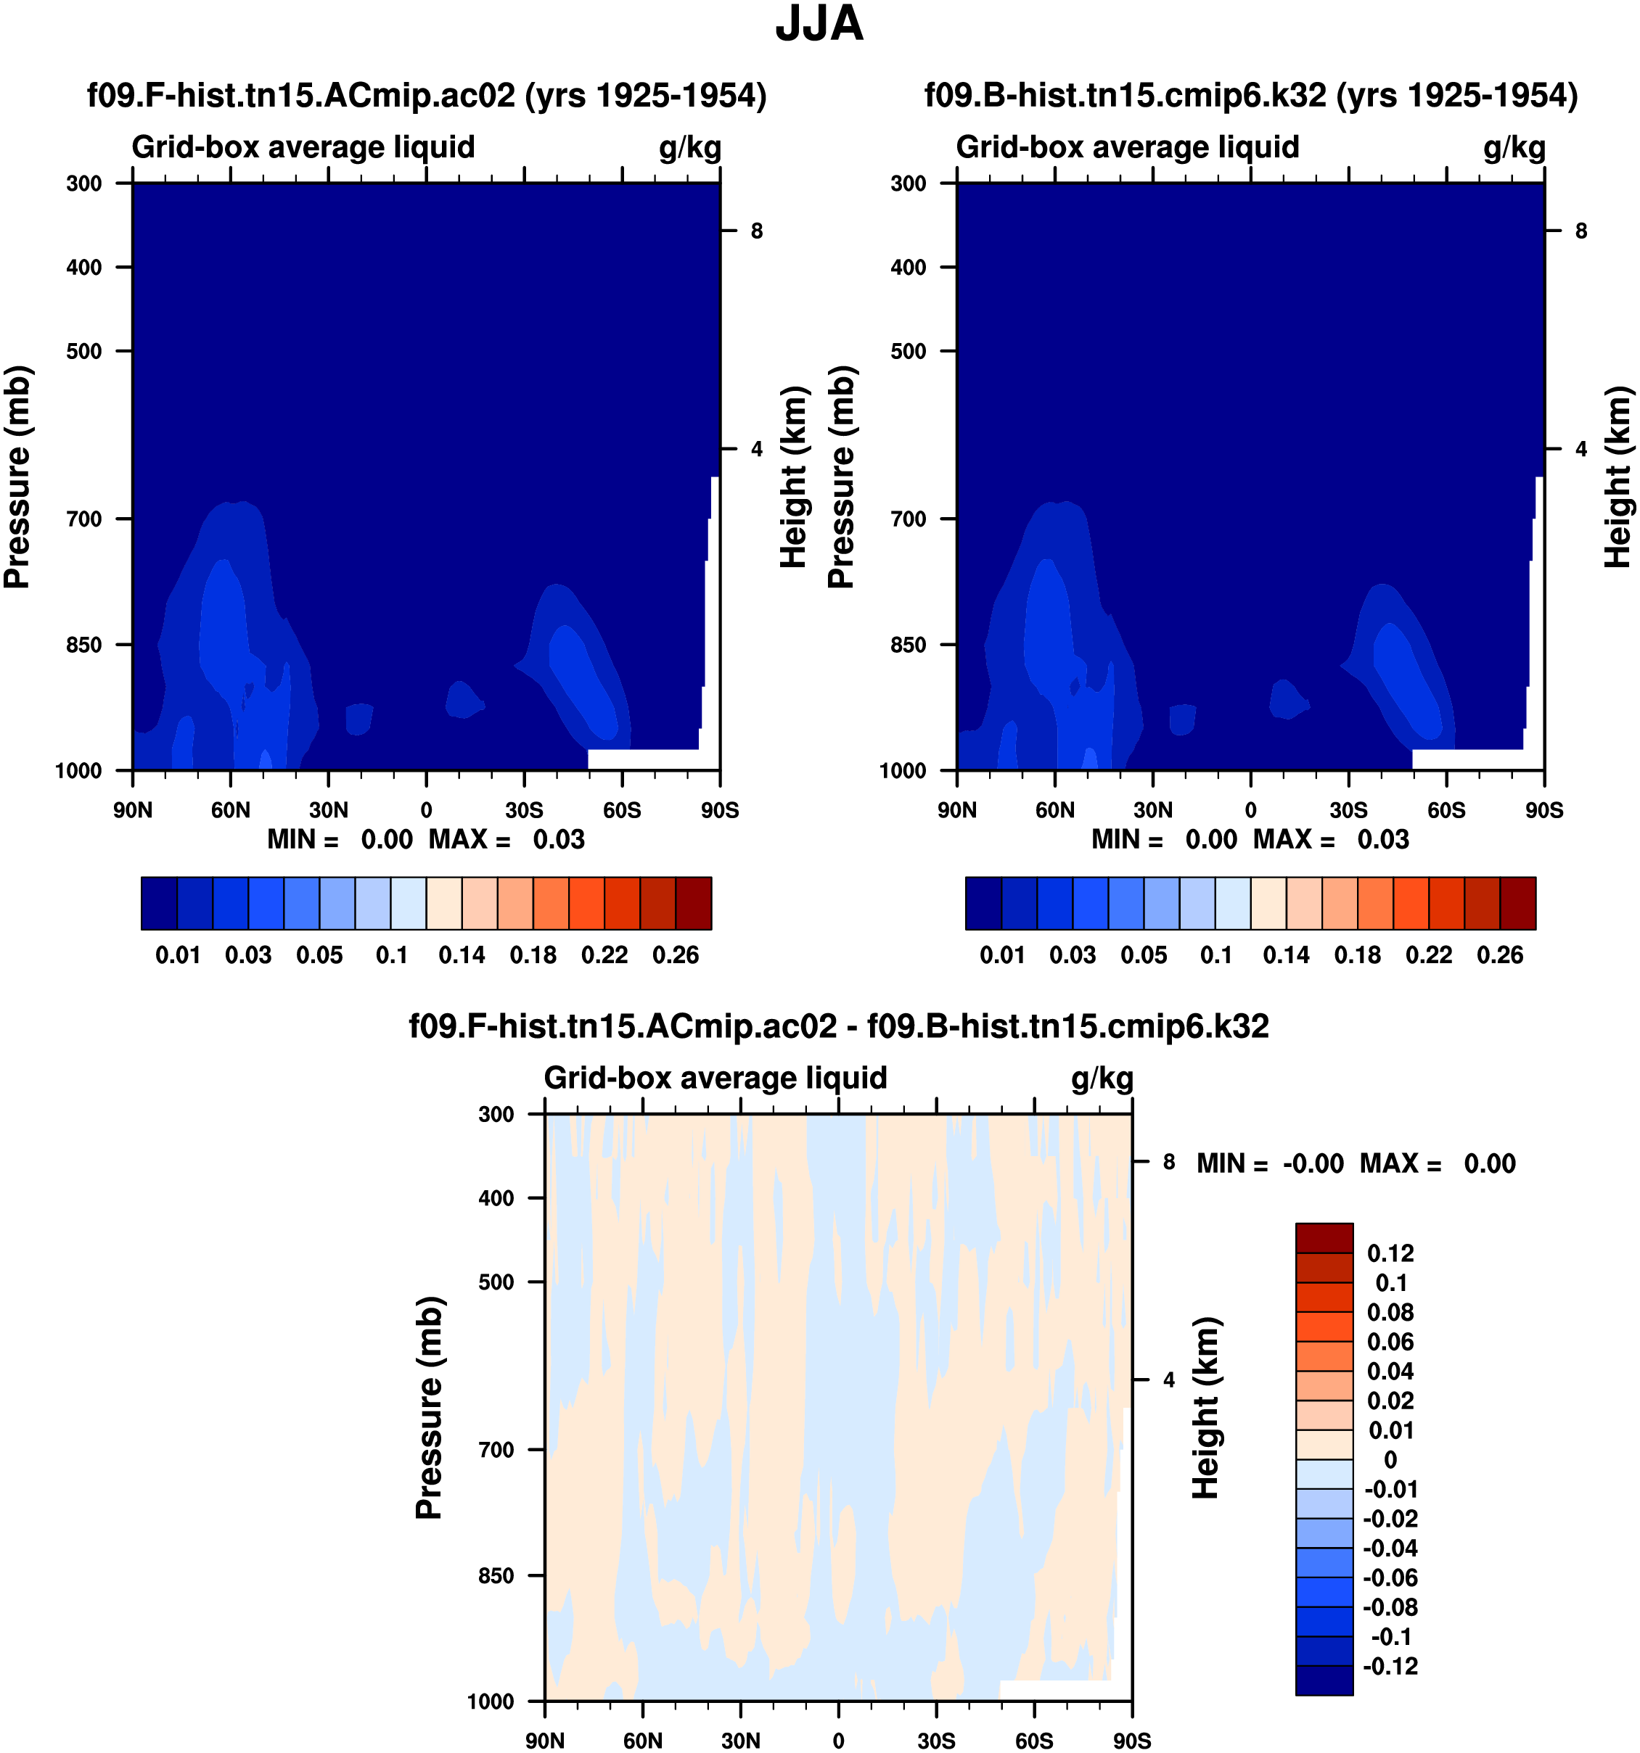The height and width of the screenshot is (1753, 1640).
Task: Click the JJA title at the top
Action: point(819,25)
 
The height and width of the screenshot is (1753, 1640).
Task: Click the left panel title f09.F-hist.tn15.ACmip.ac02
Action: point(426,95)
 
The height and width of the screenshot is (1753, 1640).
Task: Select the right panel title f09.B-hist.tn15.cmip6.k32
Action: point(1251,95)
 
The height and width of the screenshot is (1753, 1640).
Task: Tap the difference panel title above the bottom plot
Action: point(838,1026)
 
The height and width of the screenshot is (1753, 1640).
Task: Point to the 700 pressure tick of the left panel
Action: point(85,519)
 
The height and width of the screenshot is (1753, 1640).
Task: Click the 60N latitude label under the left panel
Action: point(230,809)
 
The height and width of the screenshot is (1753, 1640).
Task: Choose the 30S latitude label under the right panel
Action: point(1348,809)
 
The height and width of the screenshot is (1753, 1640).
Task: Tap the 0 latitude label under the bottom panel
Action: point(838,1740)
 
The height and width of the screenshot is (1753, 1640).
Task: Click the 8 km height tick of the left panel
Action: point(756,231)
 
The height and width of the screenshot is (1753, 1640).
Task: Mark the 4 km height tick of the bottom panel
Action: point(1168,1380)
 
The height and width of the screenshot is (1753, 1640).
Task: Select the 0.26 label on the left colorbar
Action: point(675,955)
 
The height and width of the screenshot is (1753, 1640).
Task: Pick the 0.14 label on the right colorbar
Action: point(1285,955)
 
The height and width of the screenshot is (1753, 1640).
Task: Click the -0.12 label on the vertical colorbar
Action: point(1390,1667)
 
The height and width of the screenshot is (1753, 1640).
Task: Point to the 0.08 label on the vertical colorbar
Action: point(1390,1313)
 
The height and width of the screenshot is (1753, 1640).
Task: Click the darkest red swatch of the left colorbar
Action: point(694,903)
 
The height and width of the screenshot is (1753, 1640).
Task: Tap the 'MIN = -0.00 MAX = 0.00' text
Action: point(1356,1164)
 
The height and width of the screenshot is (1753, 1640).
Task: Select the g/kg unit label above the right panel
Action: point(1514,147)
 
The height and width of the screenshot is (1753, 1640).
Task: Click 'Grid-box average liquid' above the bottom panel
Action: point(715,1078)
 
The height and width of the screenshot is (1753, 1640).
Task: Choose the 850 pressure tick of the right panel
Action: point(909,645)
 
